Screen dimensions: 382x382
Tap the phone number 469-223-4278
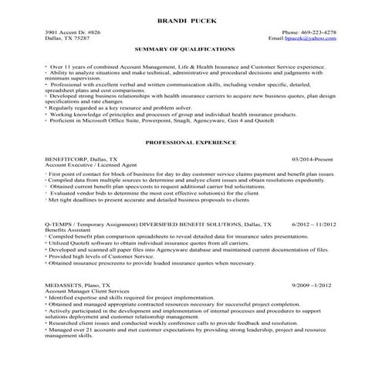click(x=319, y=32)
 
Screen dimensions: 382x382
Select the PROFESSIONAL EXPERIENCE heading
click(x=191, y=144)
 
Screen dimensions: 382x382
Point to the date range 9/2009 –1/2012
click(x=314, y=285)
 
